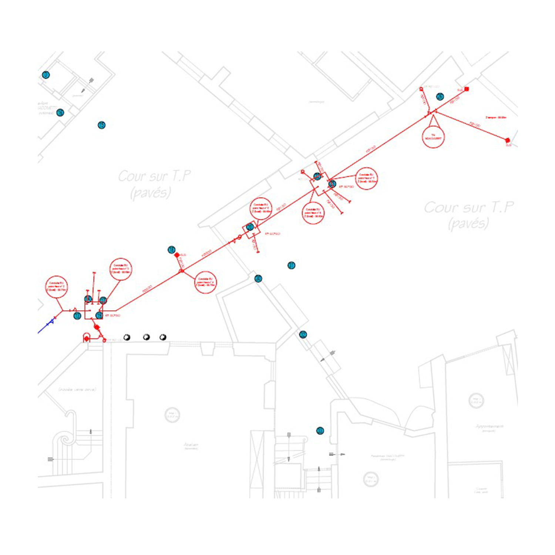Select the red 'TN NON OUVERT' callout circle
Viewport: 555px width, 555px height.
pos(433,137)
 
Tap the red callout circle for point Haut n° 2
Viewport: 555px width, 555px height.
pos(56,287)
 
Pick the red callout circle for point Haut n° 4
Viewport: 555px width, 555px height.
pos(205,282)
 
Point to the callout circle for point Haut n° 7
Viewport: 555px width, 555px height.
pos(366,178)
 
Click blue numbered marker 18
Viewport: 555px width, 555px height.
pos(172,250)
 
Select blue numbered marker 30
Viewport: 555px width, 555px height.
pos(258,279)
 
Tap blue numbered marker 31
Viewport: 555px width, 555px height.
pos(292,265)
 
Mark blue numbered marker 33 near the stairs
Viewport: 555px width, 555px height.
pos(320,431)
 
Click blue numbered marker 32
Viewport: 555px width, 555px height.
pos(303,334)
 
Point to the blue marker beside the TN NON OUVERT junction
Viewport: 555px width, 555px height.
pos(440,97)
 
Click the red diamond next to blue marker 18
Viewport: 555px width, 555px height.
pos(177,255)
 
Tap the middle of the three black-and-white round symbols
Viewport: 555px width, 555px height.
pos(147,337)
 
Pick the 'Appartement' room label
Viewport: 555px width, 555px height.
pos(489,427)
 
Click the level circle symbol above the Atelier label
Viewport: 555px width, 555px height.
pos(172,415)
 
